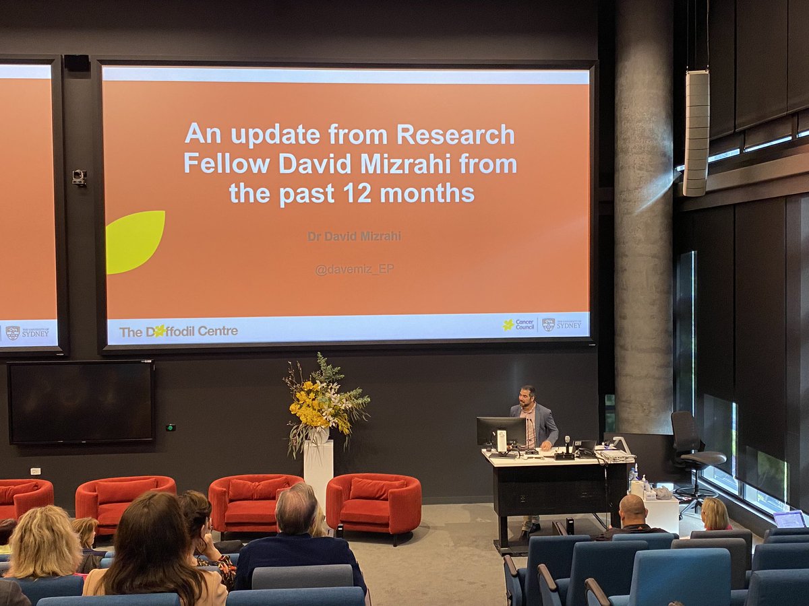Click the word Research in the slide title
(456, 134)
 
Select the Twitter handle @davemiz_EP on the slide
(354, 269)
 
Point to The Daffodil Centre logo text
(178, 331)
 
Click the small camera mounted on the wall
(79, 177)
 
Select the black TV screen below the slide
(80, 402)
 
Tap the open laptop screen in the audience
(789, 519)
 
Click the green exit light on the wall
(170, 427)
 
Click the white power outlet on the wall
(35, 471)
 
